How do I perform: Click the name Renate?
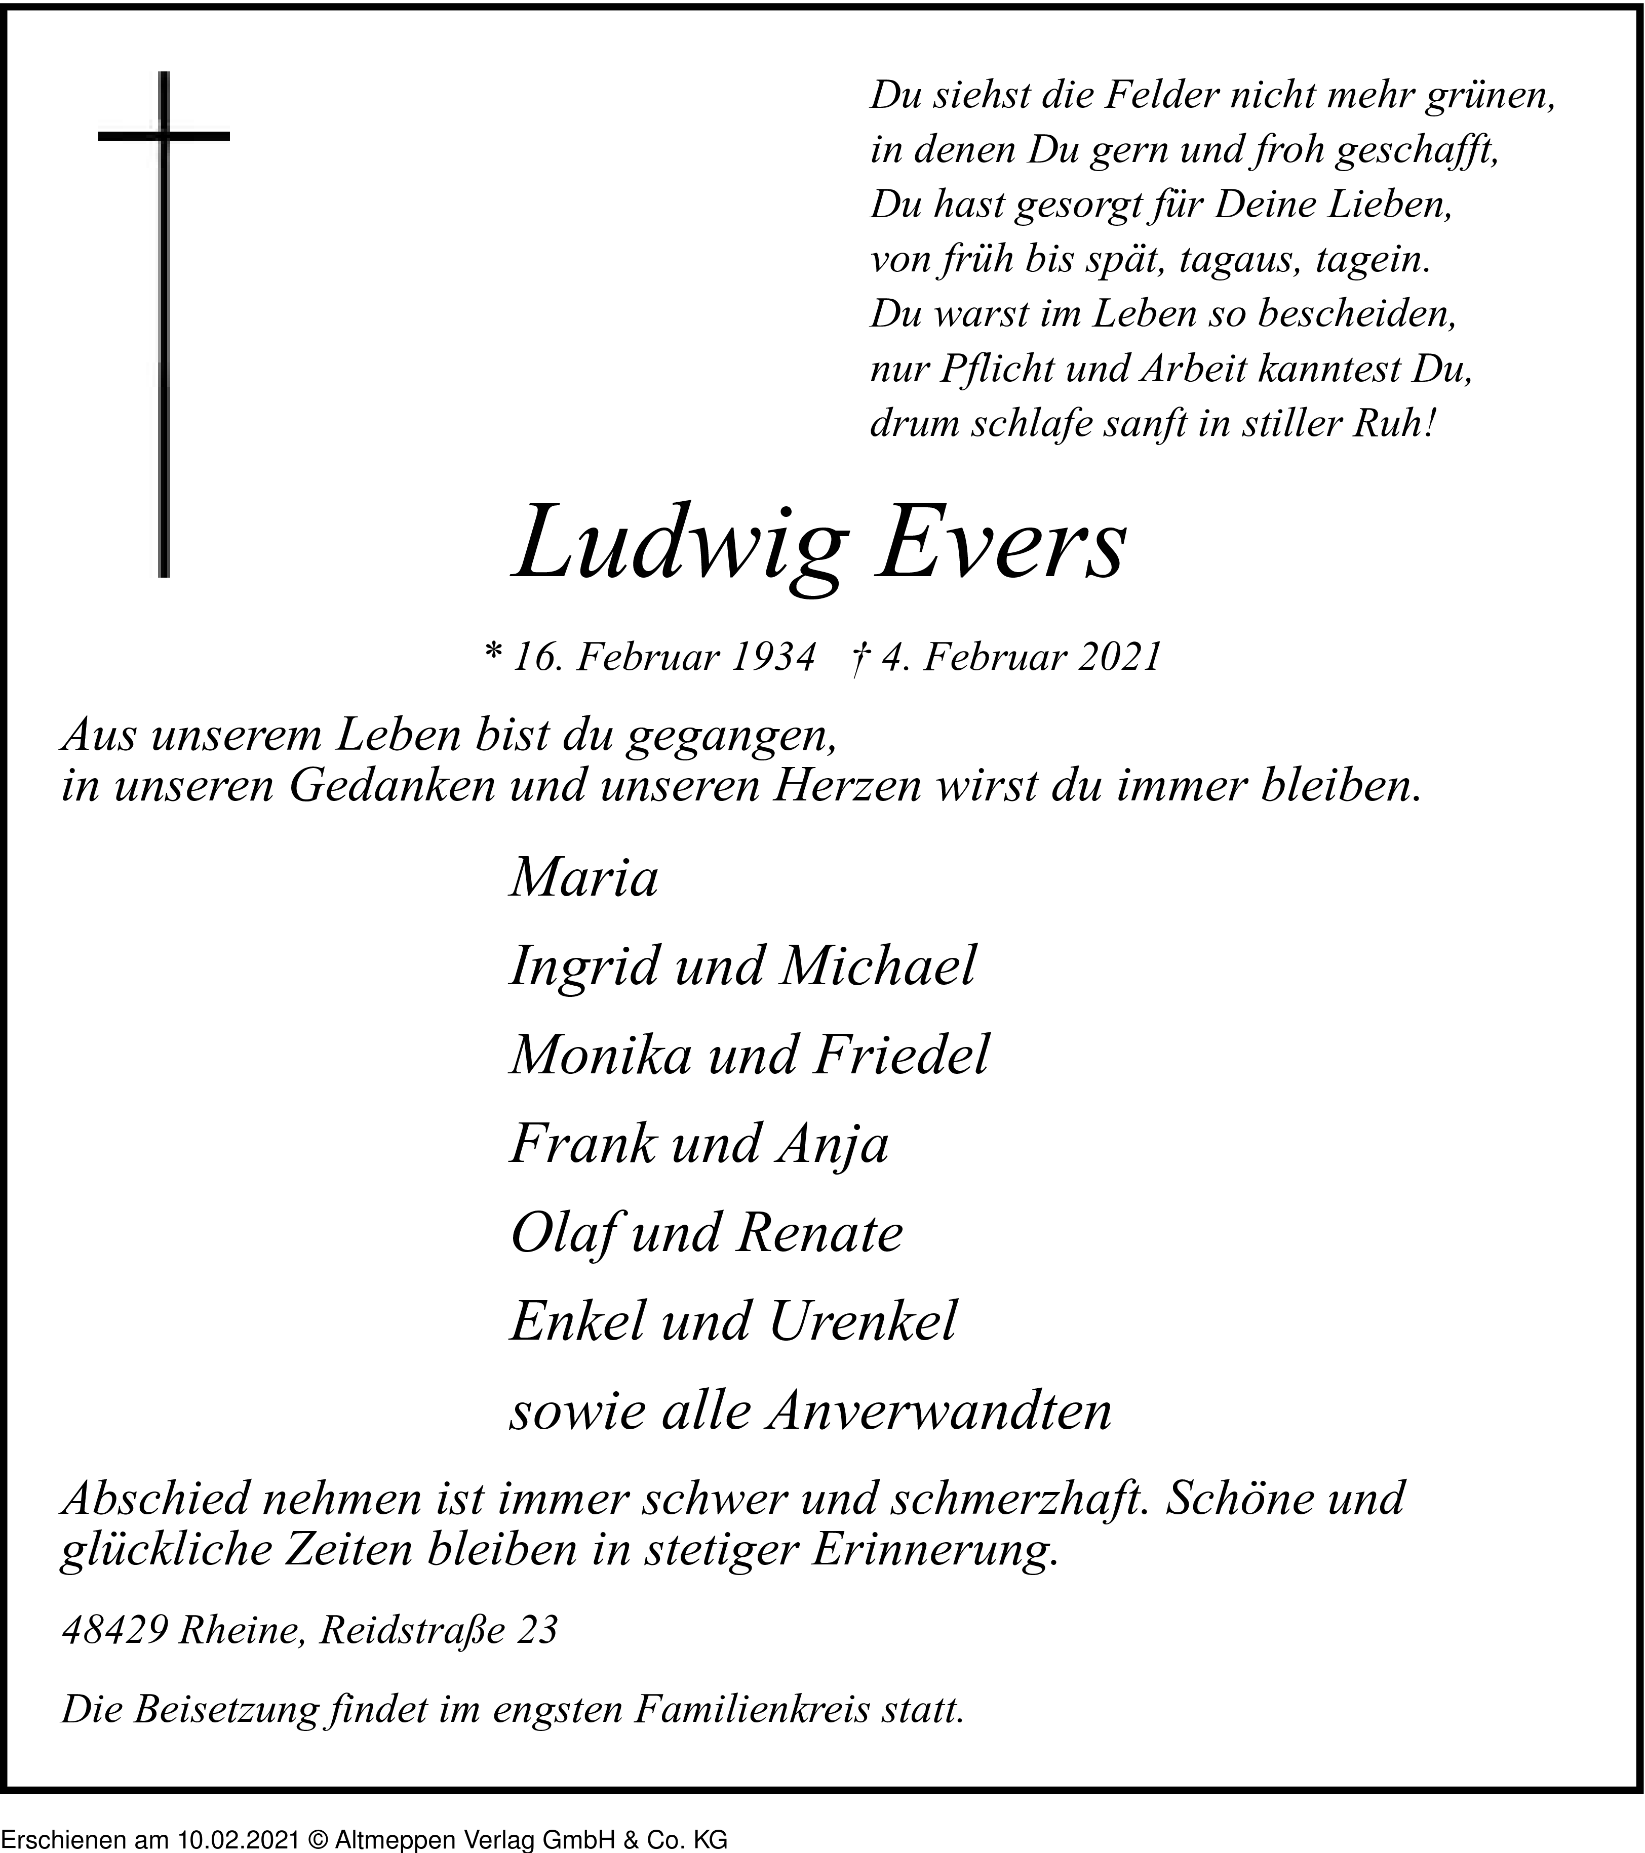[x=820, y=1233]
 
